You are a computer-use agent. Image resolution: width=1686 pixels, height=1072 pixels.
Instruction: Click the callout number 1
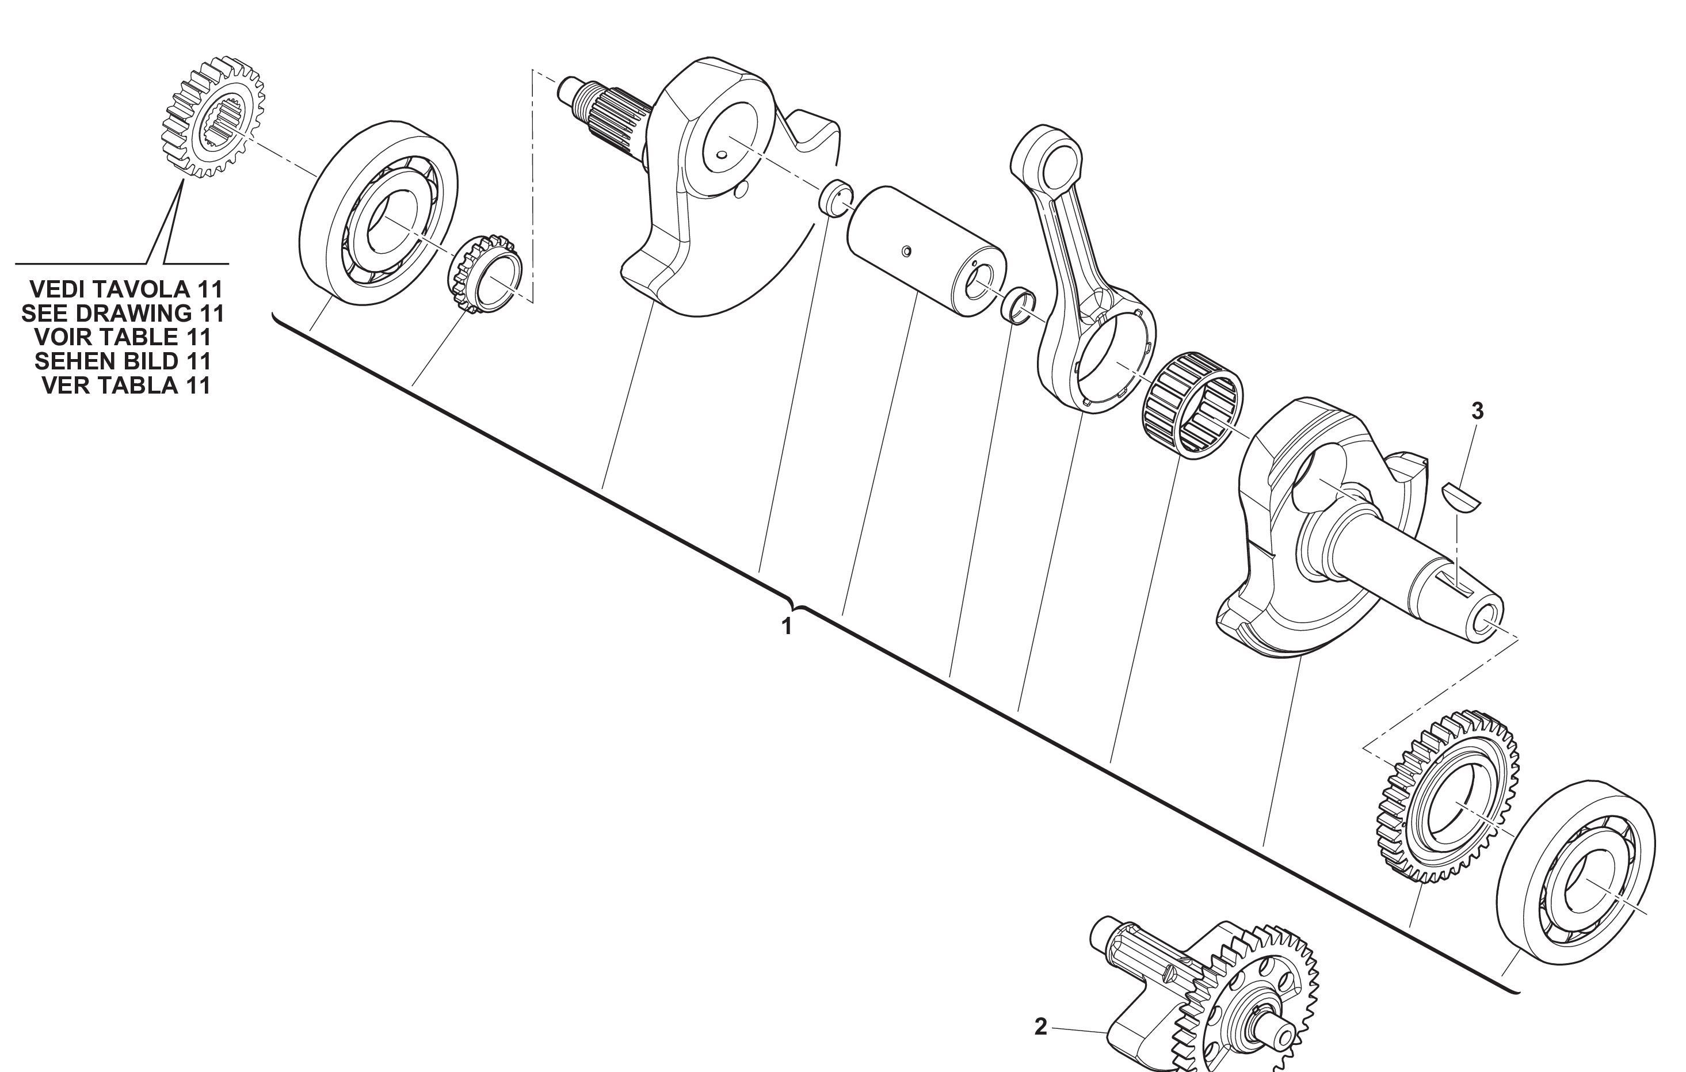[x=787, y=626]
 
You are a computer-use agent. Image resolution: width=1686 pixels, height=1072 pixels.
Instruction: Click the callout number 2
[x=1041, y=1027]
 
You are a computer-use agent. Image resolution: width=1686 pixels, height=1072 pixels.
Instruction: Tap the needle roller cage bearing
[x=1192, y=404]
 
